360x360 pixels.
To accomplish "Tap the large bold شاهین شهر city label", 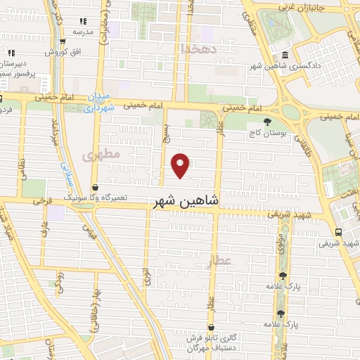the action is pos(186,201).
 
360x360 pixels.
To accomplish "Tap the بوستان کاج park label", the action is pos(269,132).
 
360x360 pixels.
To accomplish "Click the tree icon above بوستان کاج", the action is pos(269,121).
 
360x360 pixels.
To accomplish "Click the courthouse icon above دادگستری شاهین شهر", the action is pos(284,56).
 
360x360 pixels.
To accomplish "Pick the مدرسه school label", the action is pos(84,32).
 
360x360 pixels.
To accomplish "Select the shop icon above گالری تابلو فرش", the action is pos(212,327).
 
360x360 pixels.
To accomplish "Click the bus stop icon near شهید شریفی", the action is pos(340,232).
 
